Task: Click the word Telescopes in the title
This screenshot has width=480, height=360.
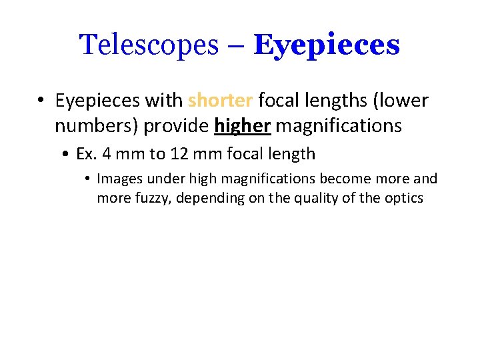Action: (x=148, y=45)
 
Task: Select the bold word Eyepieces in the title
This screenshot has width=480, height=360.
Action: (x=327, y=45)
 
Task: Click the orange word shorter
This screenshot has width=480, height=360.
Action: (x=220, y=101)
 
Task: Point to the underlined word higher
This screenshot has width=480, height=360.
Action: (x=242, y=125)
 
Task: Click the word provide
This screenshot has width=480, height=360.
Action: (x=170, y=125)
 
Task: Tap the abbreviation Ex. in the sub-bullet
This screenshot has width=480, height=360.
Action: (x=87, y=154)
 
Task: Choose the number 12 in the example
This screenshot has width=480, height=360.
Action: (x=179, y=154)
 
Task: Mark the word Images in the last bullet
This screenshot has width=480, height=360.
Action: (x=117, y=179)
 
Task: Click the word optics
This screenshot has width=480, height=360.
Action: (x=402, y=198)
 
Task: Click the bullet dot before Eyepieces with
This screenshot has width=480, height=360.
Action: (x=41, y=101)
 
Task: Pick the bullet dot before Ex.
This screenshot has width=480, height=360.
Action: (x=67, y=155)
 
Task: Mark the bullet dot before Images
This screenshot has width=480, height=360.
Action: (x=88, y=179)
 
